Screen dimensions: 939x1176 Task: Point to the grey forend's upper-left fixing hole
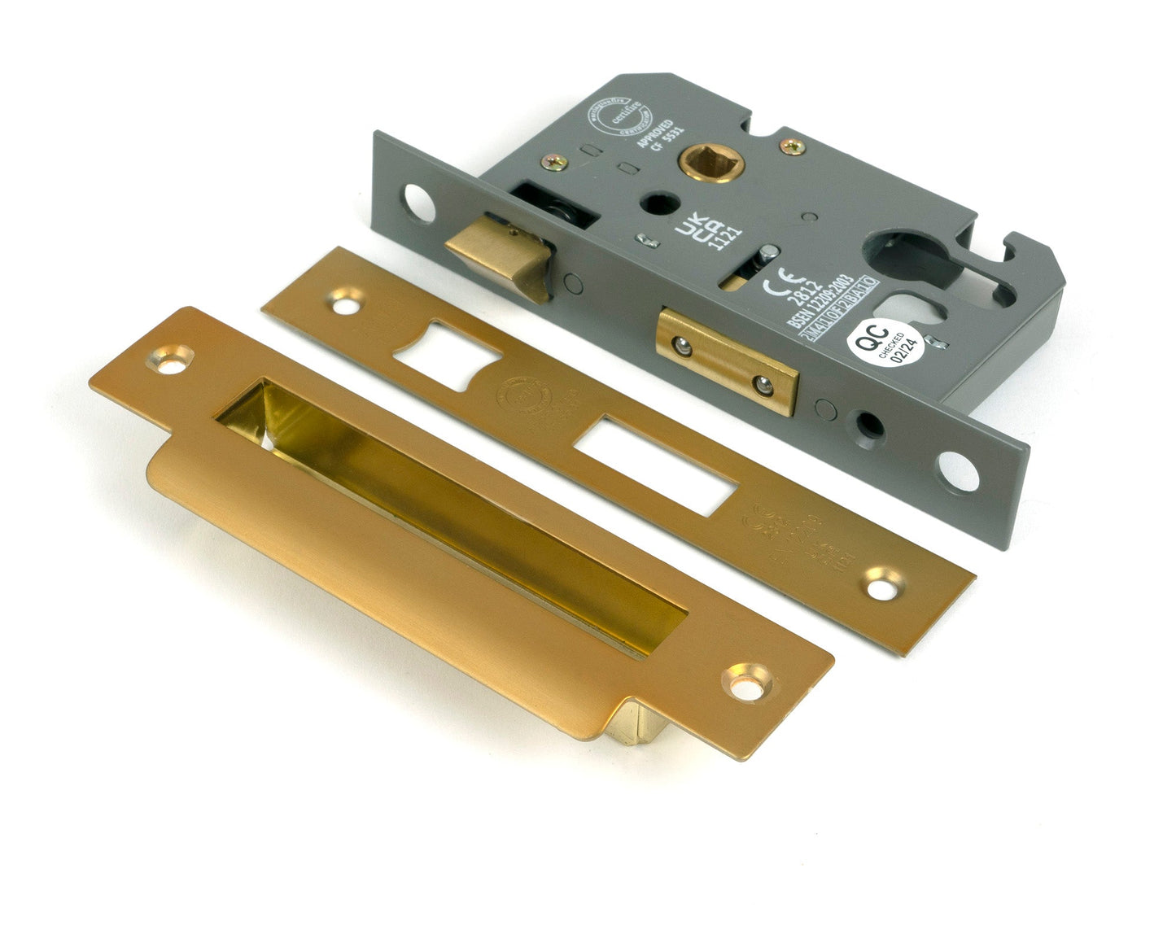(418, 203)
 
